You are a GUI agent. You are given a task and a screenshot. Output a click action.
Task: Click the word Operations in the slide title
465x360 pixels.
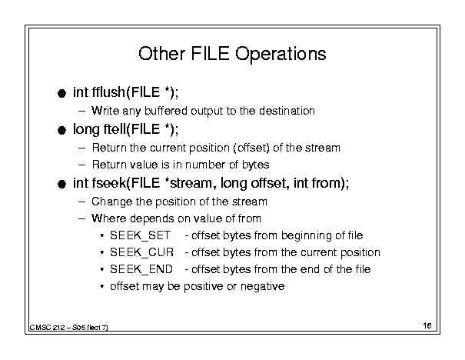pyautogui.click(x=281, y=54)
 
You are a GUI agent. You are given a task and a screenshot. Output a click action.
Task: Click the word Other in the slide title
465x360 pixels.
pyautogui.click(x=162, y=54)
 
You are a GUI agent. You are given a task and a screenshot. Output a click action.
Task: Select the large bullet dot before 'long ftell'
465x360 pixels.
pyautogui.click(x=61, y=130)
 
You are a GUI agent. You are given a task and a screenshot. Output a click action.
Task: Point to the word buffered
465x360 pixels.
pyautogui.click(x=166, y=111)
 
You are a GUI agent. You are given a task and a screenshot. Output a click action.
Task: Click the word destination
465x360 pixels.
pyautogui.click(x=287, y=111)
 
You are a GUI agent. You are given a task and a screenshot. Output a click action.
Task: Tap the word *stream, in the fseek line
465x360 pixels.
pyautogui.click(x=190, y=183)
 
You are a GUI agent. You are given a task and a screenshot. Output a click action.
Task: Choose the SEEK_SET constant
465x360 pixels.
pyautogui.click(x=141, y=235)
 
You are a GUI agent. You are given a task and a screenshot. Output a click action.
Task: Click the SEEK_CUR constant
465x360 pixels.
pyautogui.click(x=141, y=252)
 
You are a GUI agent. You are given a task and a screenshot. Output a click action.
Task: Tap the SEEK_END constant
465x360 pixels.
pyautogui.click(x=141, y=269)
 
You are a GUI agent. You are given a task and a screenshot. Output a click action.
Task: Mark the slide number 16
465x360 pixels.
pyautogui.click(x=427, y=325)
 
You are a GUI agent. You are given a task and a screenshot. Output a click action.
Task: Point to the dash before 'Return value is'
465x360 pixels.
pyautogui.click(x=81, y=165)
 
